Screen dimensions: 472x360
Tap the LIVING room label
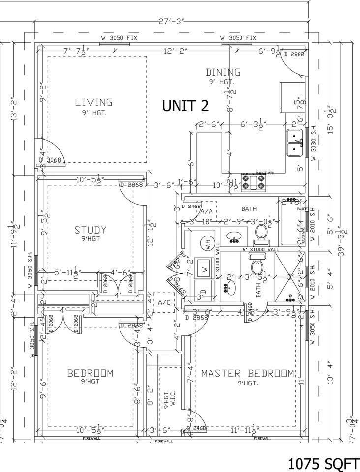point(93,103)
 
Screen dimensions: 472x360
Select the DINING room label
point(223,73)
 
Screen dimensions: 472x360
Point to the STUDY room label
point(90,230)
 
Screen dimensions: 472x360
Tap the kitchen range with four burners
point(253,182)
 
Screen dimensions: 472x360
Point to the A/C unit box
point(163,303)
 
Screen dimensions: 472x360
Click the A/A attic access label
point(206,211)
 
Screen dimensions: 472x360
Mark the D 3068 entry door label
point(51,160)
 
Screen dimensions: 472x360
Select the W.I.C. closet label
point(167,398)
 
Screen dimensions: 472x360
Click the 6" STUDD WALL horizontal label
point(260,250)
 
